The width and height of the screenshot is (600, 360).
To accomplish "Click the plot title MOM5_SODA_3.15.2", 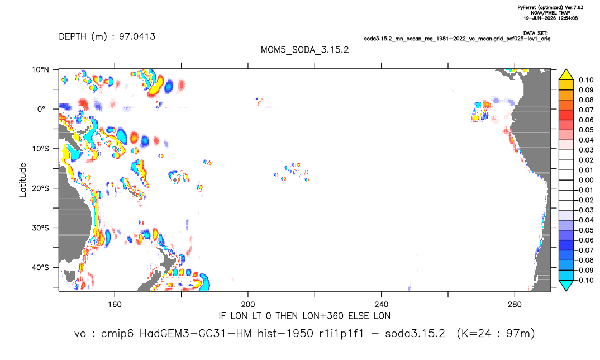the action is [x=304, y=50].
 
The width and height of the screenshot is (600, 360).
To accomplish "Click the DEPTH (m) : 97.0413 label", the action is [x=107, y=37].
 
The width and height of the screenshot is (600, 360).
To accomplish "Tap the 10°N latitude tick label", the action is [x=40, y=70].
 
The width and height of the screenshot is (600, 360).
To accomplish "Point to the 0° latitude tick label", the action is [x=41, y=109].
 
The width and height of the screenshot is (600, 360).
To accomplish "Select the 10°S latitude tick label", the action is [x=40, y=149].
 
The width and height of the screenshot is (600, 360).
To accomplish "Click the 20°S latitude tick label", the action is [x=40, y=188].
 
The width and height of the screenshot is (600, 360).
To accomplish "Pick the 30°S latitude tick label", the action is [x=40, y=228].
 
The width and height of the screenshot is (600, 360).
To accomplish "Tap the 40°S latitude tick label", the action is [x=40, y=267].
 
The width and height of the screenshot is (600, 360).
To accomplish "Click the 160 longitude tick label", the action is [x=115, y=305].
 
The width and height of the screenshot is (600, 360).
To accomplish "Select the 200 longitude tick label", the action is [x=248, y=305].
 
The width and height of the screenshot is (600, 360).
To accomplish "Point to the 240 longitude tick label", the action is [x=382, y=305].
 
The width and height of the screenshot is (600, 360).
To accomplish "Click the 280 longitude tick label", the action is [x=515, y=305].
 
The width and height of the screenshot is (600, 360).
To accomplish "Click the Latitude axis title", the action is [x=23, y=180].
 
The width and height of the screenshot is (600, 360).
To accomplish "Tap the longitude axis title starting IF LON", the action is [x=304, y=316].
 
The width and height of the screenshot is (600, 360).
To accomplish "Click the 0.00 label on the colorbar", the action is [x=586, y=181].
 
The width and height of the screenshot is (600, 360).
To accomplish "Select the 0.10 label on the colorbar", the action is [x=586, y=80].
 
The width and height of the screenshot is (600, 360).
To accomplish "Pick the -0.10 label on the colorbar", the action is [x=585, y=280].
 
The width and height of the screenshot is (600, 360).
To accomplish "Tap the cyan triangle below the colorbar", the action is [x=566, y=285].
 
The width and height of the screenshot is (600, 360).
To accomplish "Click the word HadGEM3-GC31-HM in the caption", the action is [x=196, y=334].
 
